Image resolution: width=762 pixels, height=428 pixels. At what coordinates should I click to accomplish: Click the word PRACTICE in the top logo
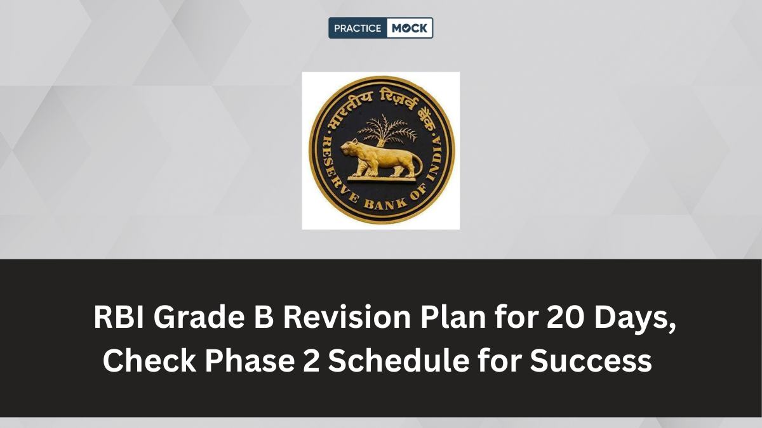358,28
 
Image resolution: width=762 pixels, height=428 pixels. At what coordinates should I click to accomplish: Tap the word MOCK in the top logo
410,28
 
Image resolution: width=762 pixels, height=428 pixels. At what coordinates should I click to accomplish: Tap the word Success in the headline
591,361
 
